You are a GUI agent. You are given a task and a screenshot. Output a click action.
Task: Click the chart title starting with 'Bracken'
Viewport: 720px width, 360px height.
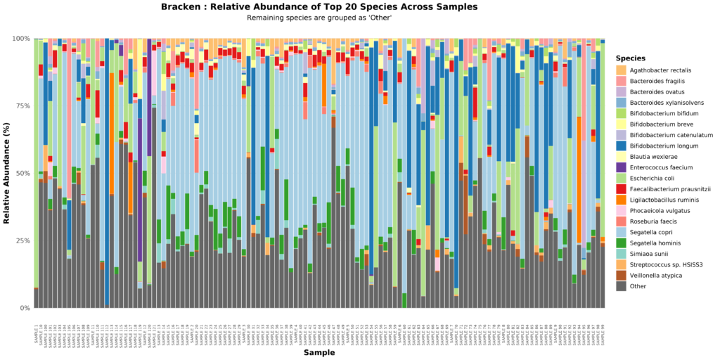tap(319, 6)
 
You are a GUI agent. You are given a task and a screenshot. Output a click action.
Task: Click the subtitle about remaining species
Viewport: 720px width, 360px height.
tap(319, 17)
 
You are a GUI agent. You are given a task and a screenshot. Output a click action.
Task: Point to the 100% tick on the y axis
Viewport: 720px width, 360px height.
tap(20, 38)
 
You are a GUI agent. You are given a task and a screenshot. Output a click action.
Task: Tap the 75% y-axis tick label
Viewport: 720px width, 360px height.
tap(21, 105)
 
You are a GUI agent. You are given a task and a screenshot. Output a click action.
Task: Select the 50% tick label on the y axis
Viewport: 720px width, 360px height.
tap(21, 173)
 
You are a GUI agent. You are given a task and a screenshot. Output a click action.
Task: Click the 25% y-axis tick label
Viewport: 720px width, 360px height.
tap(21, 240)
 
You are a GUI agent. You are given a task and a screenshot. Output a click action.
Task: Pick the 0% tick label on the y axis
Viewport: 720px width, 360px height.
tap(23, 308)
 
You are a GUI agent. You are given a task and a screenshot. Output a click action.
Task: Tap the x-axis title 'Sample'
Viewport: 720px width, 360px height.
tap(319, 352)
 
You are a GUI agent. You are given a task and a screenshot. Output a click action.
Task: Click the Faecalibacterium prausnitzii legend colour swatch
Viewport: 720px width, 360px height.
tap(621, 189)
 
